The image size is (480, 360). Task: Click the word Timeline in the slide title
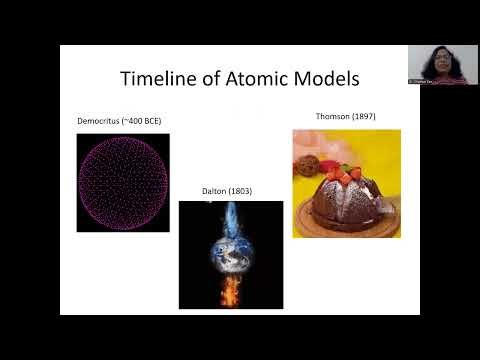[x=158, y=79]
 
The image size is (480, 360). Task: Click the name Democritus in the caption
[x=100, y=121]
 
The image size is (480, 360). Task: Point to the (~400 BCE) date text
[x=143, y=121]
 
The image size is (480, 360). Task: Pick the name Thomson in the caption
[x=331, y=116]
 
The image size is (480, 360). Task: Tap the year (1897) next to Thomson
[x=361, y=116]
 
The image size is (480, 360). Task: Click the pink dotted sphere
[x=123, y=183]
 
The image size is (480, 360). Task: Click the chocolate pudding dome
[x=346, y=197]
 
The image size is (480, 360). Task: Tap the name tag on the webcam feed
[x=420, y=80]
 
